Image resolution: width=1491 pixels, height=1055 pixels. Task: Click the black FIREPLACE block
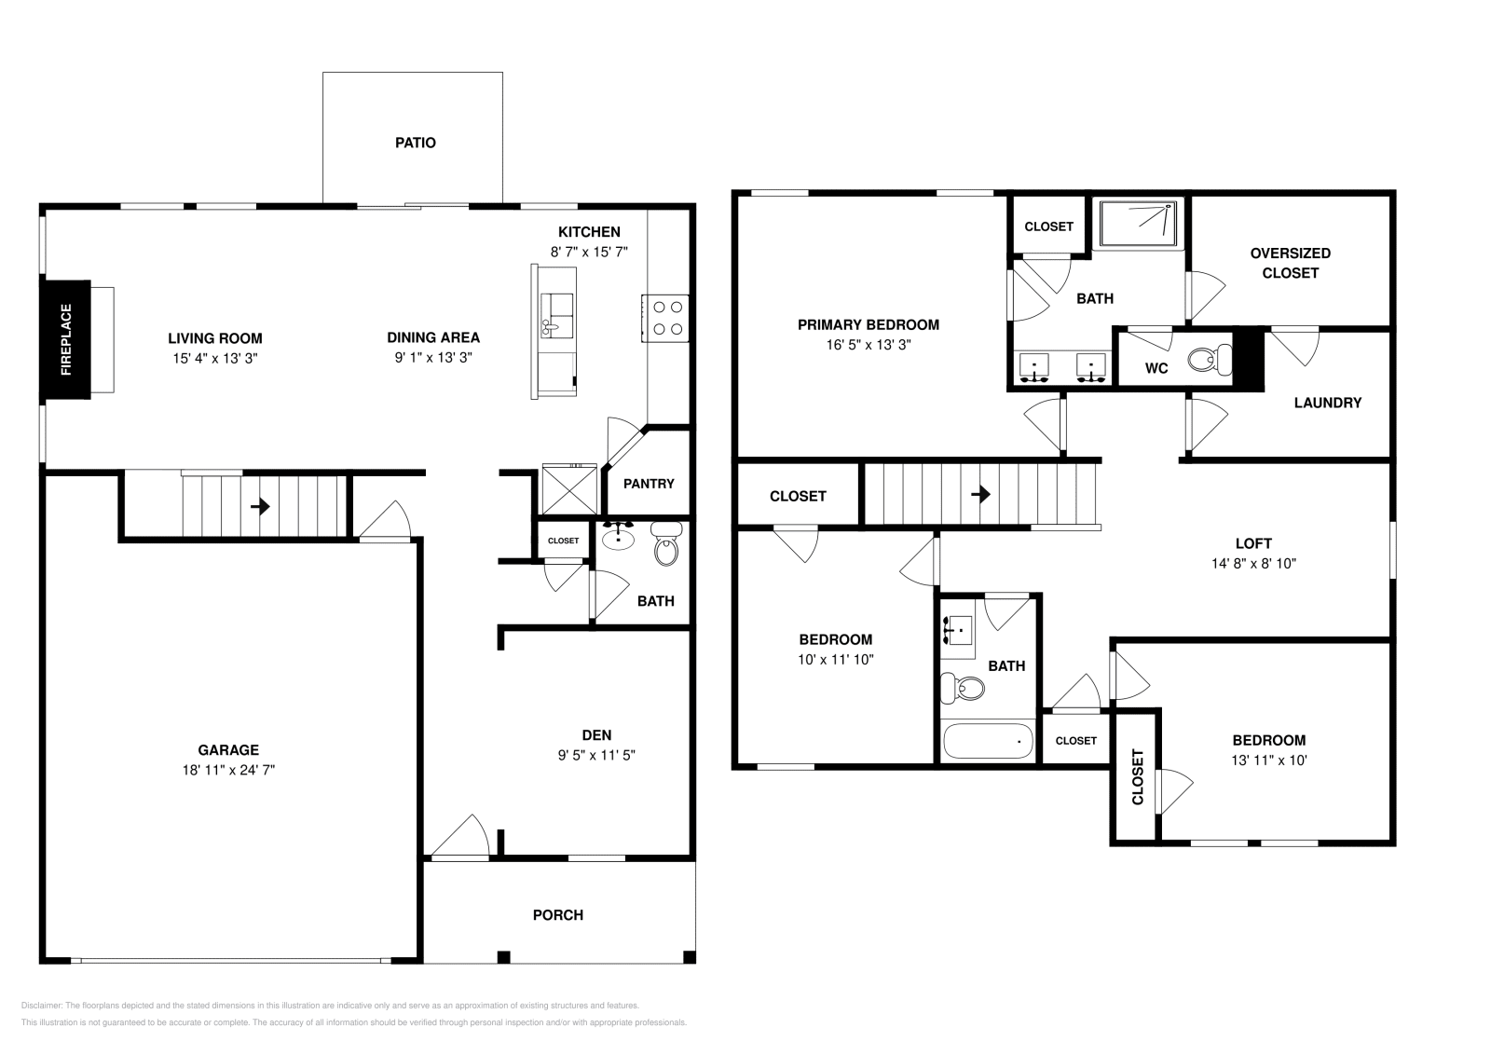[65, 339]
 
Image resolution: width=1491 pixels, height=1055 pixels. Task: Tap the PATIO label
[416, 143]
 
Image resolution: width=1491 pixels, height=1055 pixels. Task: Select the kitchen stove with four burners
[665, 317]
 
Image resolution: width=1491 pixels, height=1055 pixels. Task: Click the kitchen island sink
[557, 314]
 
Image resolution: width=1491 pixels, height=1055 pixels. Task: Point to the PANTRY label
[649, 484]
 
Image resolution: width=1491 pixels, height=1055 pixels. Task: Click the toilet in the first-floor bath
[666, 546]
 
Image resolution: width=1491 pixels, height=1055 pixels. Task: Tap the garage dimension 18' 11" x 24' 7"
[228, 770]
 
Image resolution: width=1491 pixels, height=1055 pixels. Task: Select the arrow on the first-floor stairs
[261, 507]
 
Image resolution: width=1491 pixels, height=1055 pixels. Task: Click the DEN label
[596, 735]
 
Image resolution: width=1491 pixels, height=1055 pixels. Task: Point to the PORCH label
[558, 915]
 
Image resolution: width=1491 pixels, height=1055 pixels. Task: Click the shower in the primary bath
[1139, 224]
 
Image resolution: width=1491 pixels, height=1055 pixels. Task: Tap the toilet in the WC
[1211, 359]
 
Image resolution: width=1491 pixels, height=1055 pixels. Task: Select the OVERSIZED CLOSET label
[1290, 263]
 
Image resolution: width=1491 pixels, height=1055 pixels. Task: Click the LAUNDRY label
[1327, 403]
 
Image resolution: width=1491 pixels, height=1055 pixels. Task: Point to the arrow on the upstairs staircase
[980, 495]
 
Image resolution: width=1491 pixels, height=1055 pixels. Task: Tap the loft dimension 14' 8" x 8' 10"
[1253, 563]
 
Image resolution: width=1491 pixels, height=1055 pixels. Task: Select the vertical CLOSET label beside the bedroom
[1137, 777]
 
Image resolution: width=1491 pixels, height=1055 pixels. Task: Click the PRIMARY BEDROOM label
[868, 325]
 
